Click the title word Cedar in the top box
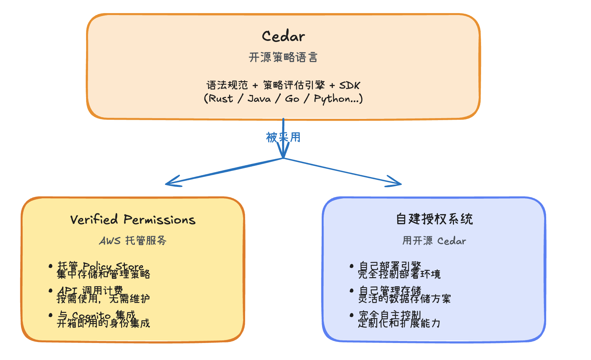[283, 36]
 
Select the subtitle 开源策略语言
[283, 57]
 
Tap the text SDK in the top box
[349, 85]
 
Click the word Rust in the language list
[221, 99]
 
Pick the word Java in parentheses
[259, 99]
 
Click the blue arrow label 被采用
[283, 137]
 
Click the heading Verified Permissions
[133, 220]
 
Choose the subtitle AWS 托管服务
[133, 241]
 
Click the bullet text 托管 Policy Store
[100, 265]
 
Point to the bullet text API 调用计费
[90, 290]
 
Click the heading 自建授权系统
[434, 219]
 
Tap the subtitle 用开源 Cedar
[434, 241]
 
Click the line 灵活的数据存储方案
[404, 299]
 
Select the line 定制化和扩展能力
[399, 323]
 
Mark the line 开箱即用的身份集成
[103, 323]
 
